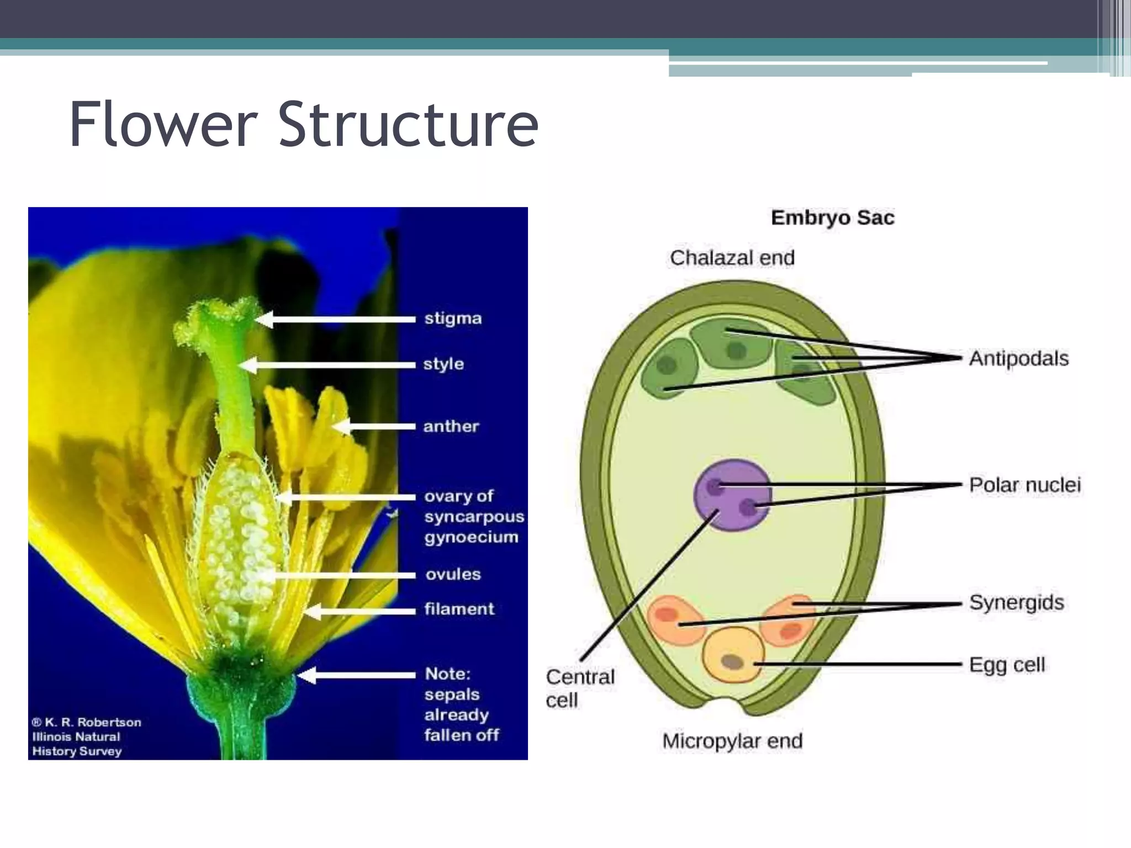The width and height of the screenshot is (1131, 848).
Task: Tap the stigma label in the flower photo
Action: point(453,319)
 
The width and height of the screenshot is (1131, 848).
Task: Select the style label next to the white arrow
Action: point(443,364)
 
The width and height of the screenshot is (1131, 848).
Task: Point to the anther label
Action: point(451,426)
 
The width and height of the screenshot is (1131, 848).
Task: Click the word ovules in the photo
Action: point(453,574)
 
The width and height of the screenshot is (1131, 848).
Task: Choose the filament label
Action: point(459,609)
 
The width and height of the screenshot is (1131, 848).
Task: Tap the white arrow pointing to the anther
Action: point(376,426)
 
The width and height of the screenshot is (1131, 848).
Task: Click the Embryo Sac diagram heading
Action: point(832,218)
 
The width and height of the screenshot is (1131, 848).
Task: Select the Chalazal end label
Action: point(732,258)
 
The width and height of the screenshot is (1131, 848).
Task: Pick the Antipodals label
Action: point(1019,359)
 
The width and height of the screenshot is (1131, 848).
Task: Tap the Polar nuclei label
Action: point(1025,485)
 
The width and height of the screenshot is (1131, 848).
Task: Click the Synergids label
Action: point(1017,602)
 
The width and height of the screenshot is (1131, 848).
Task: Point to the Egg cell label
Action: point(1007,665)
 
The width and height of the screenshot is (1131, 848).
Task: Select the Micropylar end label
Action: point(732,741)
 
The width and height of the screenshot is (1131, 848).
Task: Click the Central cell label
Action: point(580,688)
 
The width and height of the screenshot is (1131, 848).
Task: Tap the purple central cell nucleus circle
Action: point(732,495)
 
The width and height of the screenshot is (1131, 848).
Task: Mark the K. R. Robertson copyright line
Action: point(87,722)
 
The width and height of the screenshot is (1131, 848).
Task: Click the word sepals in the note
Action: point(452,695)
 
